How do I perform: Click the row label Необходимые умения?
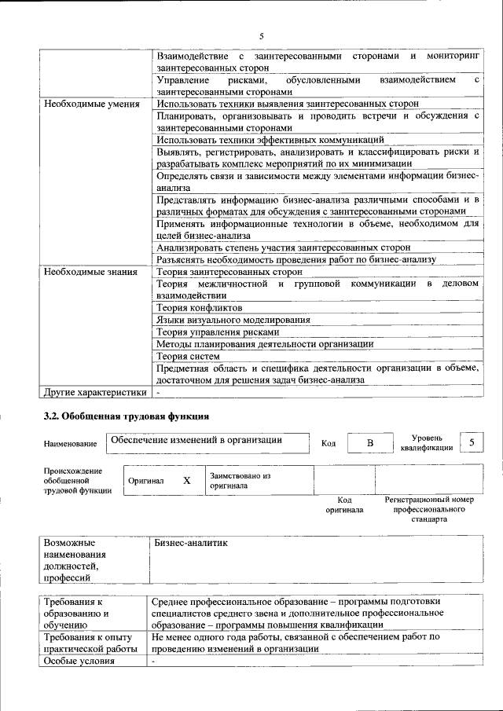click(92, 104)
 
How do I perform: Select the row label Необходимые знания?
click(91, 272)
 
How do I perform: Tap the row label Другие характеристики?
click(95, 392)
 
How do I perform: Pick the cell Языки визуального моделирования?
click(233, 320)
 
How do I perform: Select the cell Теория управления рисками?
click(218, 332)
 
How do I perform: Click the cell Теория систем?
click(189, 356)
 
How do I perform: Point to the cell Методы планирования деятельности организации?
click(265, 343)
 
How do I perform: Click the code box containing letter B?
click(369, 444)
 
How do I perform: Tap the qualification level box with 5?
click(472, 443)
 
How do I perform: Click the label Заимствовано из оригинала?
click(240, 480)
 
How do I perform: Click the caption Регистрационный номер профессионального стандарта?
click(428, 509)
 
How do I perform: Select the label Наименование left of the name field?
click(70, 445)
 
